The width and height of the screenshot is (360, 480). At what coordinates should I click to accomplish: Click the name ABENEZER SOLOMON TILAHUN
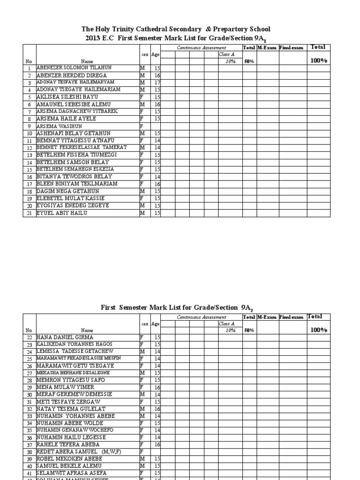click(x=74, y=68)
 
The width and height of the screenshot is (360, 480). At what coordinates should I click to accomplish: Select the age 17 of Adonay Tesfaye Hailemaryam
click(x=157, y=82)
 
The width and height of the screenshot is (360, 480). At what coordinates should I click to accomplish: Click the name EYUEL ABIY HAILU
click(x=62, y=213)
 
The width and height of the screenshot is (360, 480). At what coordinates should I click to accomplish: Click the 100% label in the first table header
click(x=318, y=60)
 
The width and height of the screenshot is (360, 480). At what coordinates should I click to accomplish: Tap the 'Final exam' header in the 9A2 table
click(x=292, y=317)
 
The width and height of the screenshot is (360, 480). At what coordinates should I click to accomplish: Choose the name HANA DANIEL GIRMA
click(x=65, y=337)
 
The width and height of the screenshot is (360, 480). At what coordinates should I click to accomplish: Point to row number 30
click(x=29, y=395)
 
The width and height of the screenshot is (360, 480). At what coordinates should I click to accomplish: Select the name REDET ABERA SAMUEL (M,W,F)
click(x=77, y=452)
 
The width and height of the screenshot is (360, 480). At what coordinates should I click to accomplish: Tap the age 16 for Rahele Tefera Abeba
click(x=157, y=445)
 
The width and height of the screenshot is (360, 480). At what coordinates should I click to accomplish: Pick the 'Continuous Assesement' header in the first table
click(x=201, y=48)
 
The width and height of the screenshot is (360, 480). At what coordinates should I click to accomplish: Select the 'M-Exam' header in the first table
click(x=267, y=48)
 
